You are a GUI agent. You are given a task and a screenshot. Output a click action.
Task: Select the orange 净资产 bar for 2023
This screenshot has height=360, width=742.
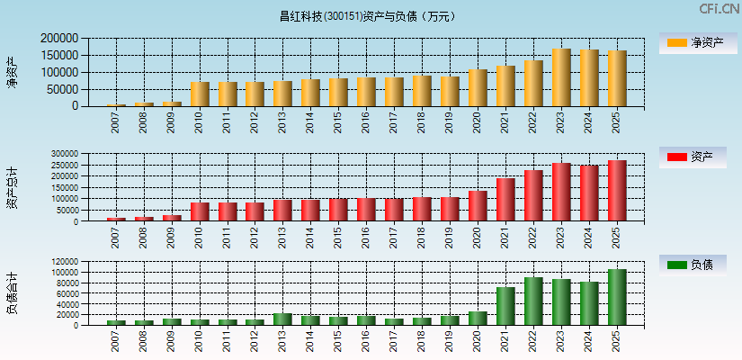point(561,78)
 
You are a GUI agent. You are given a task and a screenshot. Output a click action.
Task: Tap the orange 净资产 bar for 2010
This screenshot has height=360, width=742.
point(200,94)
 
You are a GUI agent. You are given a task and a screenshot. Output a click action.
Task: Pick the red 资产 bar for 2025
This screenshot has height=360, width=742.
point(617,191)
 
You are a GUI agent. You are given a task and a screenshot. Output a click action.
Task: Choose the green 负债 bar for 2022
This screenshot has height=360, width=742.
point(533,301)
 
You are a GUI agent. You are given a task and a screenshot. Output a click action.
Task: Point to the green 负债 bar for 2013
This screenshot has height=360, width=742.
point(282,319)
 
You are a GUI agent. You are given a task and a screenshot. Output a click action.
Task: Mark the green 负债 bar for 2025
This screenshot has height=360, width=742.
point(617,298)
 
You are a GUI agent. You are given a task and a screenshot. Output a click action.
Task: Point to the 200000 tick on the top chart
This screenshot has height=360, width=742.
point(58,39)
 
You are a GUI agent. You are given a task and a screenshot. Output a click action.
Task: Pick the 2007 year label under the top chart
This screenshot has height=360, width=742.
point(116,122)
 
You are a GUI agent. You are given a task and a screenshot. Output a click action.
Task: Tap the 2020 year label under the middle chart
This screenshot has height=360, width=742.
point(478,238)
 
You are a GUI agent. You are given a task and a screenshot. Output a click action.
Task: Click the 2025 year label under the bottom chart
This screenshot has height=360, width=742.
point(617,342)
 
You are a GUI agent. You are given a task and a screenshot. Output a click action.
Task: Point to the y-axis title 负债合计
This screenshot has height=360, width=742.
point(12,293)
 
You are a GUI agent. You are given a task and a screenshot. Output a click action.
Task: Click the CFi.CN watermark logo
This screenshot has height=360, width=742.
point(719,8)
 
